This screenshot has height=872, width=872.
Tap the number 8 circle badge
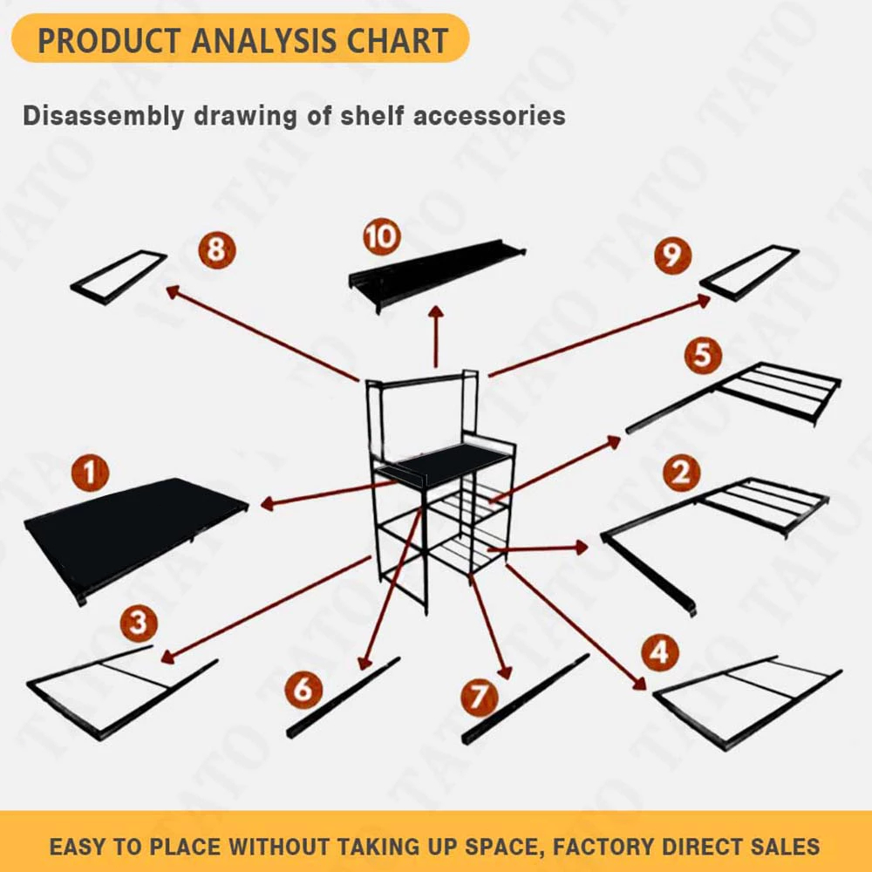coord(215,251)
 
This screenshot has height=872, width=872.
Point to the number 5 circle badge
coord(703,355)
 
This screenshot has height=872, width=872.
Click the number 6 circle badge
coord(303,690)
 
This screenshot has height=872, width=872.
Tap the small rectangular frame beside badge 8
coord(119,276)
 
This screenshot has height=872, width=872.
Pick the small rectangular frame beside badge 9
coord(749,272)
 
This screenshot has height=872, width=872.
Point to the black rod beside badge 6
coord(344,697)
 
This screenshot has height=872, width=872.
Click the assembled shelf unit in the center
coord(440,488)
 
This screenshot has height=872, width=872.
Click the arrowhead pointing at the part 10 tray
coord(435,314)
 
